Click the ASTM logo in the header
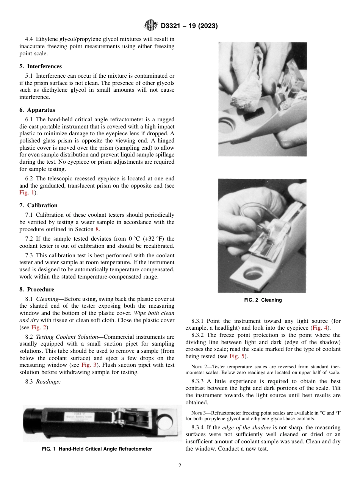pos(151,26)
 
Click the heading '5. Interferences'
pos(41,66)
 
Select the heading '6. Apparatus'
pos(37,110)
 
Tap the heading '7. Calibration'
pos(38,205)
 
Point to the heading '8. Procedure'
pos(37,290)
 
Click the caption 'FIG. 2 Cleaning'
pos(263,300)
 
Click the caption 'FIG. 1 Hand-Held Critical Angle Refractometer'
pos(97,449)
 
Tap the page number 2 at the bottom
pos(180,466)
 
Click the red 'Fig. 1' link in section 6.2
pos(27,192)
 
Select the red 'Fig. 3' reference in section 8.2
pos(89,365)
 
